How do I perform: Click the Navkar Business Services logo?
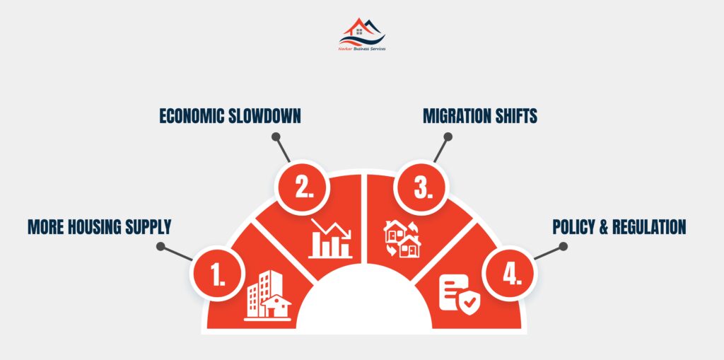(362, 35)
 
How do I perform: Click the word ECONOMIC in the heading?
(192, 116)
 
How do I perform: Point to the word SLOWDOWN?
(265, 116)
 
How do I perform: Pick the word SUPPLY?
(151, 227)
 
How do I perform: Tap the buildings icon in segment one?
(268, 296)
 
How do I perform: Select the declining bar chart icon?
(331, 238)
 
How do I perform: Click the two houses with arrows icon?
(402, 238)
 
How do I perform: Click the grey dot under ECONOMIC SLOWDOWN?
(276, 137)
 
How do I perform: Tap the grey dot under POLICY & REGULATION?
(563, 246)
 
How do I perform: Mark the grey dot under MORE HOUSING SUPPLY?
(160, 246)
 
